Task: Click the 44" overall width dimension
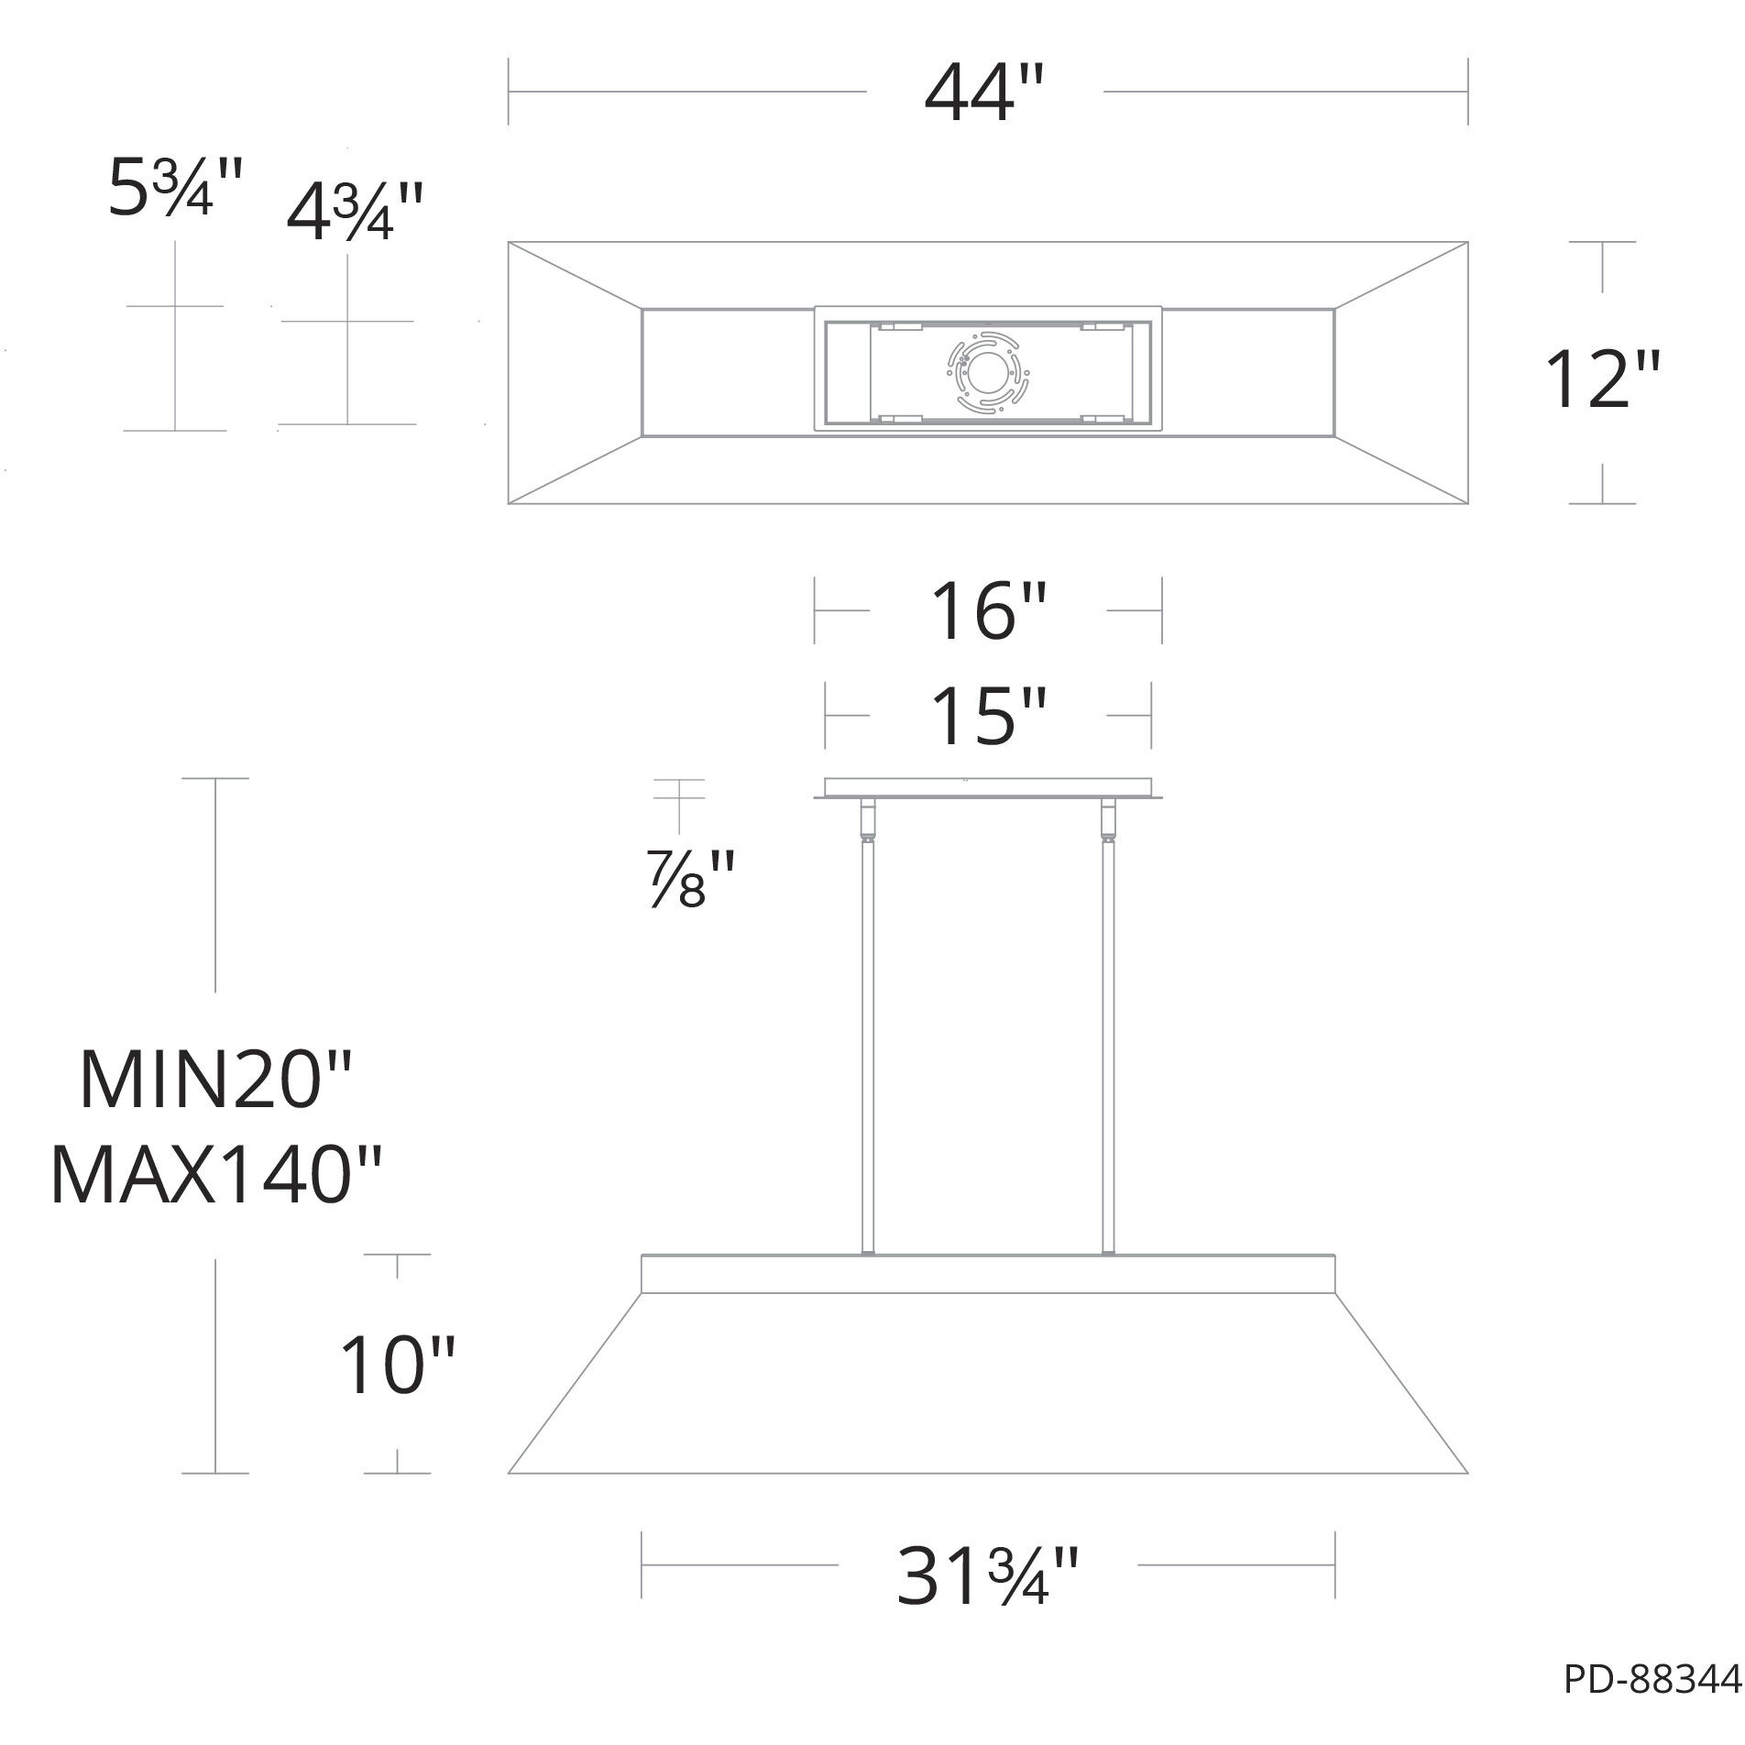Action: tap(983, 94)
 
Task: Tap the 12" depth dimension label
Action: tap(1601, 378)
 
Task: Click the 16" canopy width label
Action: tap(988, 611)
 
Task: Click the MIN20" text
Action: tap(216, 1081)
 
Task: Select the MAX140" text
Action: tap(216, 1176)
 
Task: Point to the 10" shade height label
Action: tap(397, 1366)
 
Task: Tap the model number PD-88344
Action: tap(1651, 1706)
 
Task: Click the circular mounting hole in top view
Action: tap(988, 372)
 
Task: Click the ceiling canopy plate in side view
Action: tap(988, 788)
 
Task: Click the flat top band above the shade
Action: tap(988, 1274)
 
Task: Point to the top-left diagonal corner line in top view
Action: tap(575, 276)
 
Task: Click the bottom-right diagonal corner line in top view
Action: tap(1401, 469)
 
